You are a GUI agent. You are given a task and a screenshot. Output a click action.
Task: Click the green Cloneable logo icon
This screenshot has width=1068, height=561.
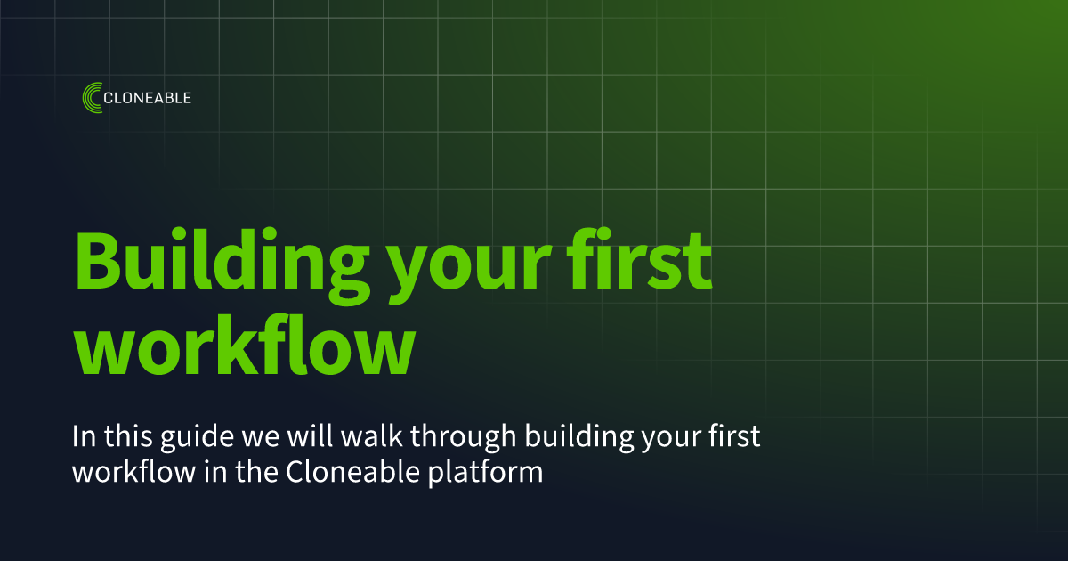(91, 98)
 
